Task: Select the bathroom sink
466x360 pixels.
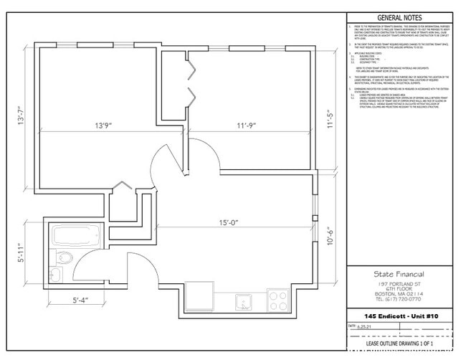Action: click(x=56, y=275)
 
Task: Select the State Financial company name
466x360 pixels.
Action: click(x=399, y=274)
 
